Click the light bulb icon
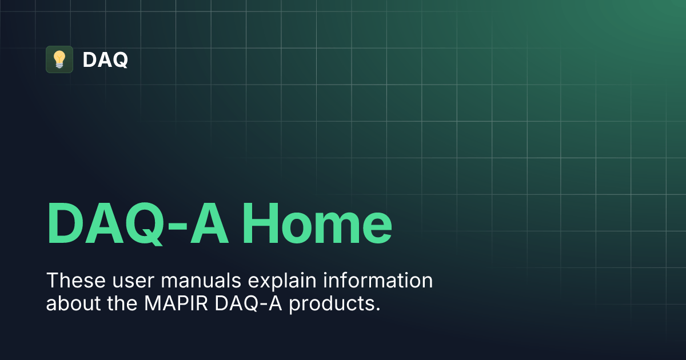tap(59, 59)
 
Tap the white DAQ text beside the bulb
tap(105, 59)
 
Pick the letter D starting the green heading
tap(66, 223)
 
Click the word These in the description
tap(72, 281)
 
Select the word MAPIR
tap(174, 303)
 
